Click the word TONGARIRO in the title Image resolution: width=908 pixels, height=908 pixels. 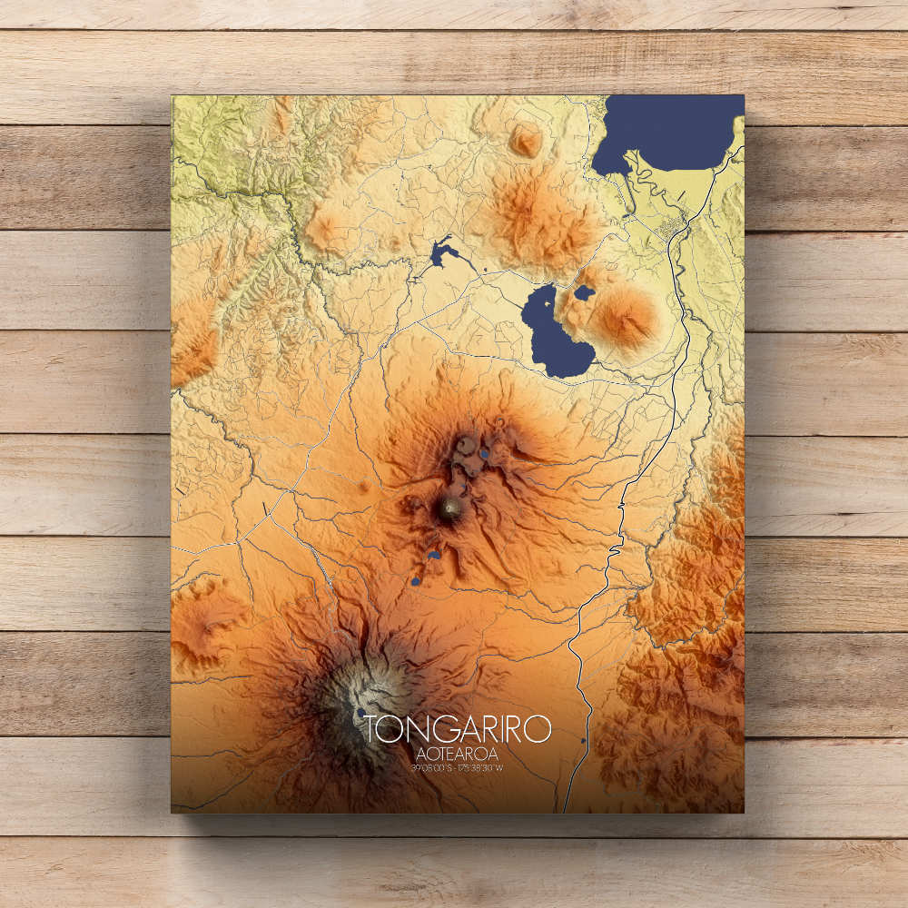(458, 728)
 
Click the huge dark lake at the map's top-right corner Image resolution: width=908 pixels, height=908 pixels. (672, 132)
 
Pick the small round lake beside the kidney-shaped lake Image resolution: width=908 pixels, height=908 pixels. (584, 293)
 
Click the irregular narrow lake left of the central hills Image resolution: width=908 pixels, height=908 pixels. (440, 252)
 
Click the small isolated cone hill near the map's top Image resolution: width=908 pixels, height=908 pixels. (526, 140)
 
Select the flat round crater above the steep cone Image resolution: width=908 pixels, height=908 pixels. (467, 445)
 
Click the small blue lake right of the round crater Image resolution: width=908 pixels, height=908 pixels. (485, 453)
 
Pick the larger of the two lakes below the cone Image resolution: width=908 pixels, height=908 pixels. (434, 555)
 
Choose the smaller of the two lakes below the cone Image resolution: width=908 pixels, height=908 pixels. (416, 581)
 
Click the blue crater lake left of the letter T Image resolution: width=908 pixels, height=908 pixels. (360, 715)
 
